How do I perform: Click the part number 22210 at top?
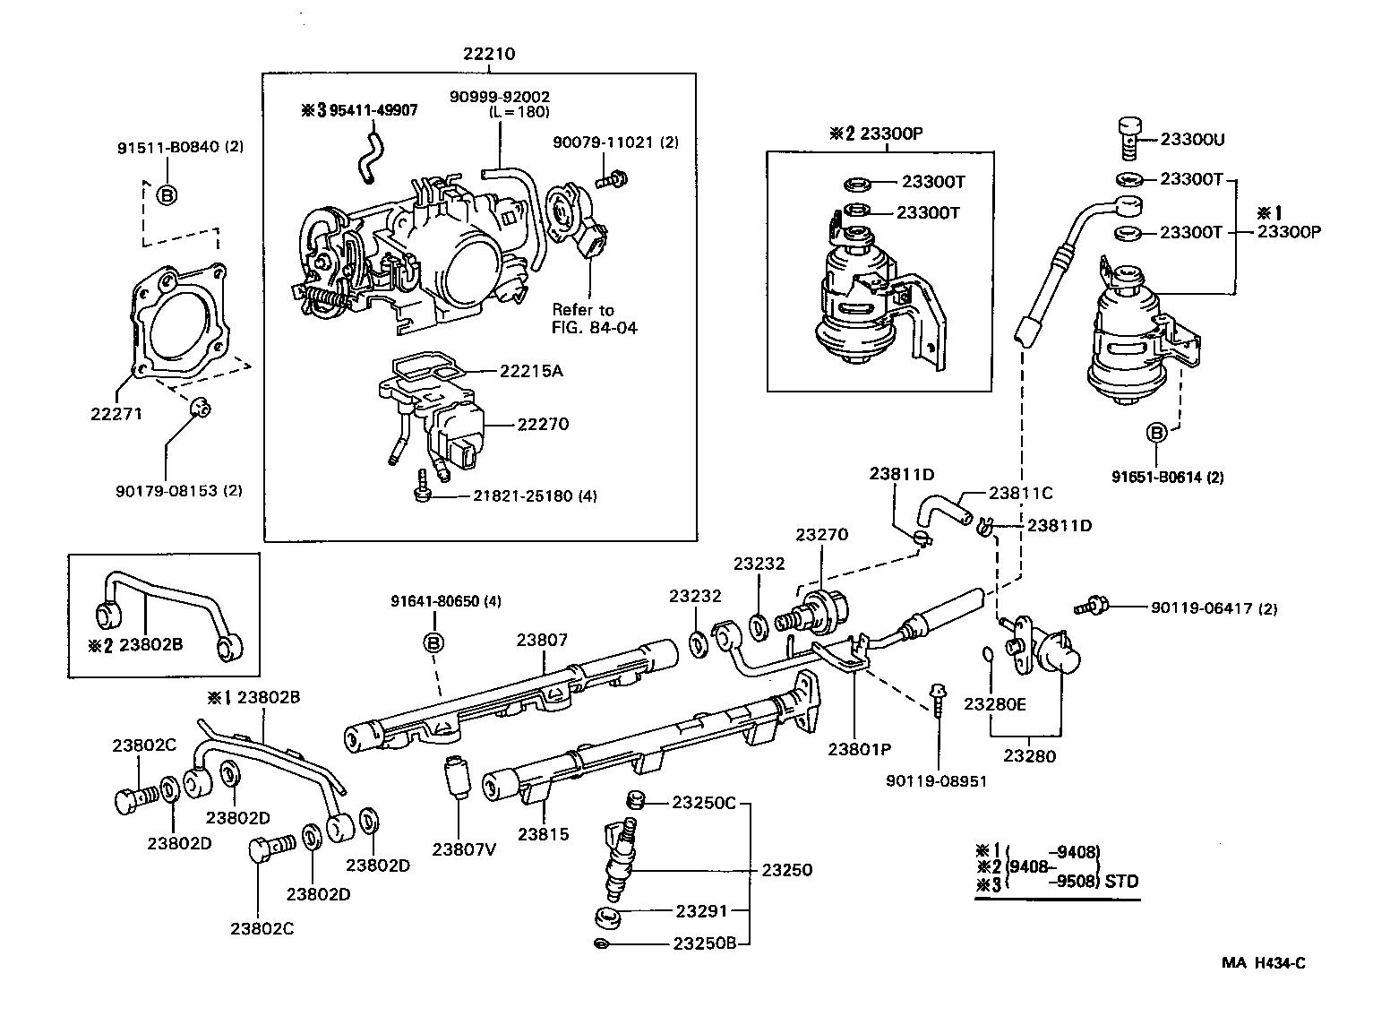coord(489,54)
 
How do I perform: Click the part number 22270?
coord(542,424)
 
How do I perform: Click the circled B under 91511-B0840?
coord(166,194)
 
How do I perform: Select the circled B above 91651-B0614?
coord(1156,433)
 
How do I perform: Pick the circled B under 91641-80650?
coord(433,642)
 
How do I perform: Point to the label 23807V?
coord(464,849)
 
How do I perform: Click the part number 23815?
coord(543,833)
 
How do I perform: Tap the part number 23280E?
coord(994,704)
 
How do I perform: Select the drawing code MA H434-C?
coord(1263,963)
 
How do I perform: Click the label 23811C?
coord(1020,493)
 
